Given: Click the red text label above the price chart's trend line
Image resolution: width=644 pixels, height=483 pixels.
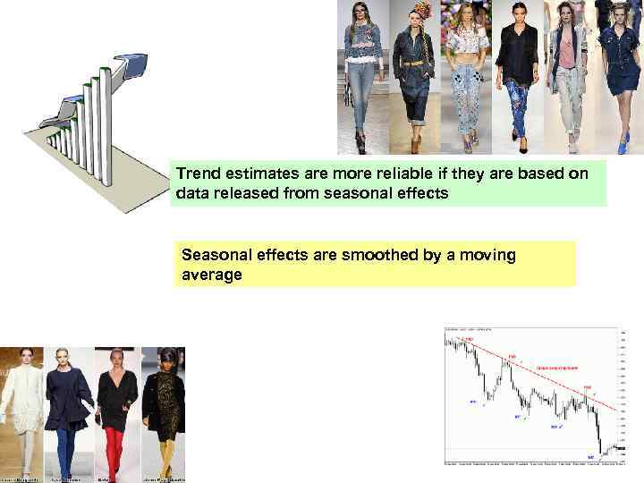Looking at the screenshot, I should point(556,367).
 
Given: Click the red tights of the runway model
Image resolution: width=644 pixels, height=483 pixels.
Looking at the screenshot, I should point(114,452).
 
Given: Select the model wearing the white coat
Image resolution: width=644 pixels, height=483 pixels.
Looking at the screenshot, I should point(21,402).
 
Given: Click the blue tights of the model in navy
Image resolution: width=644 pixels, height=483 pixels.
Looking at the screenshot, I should point(67,452).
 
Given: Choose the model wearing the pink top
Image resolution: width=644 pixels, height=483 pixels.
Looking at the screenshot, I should point(567,72).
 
